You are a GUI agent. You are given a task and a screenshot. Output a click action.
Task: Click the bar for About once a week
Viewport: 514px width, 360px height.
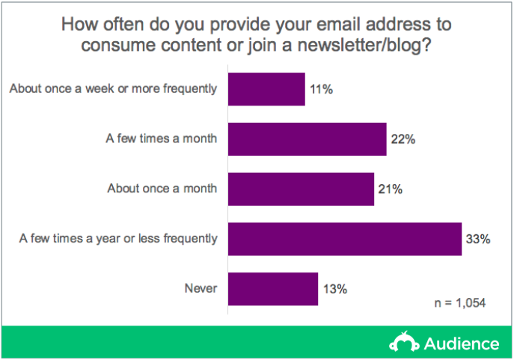(x=266, y=89)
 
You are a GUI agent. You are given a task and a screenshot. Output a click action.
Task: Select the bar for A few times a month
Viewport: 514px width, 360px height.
(x=308, y=139)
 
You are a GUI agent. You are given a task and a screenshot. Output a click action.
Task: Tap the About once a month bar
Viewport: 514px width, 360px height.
(x=301, y=189)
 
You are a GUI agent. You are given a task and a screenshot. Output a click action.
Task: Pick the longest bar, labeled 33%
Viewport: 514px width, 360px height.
(x=345, y=239)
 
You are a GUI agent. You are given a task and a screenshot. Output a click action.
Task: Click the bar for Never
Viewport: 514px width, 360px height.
(x=273, y=289)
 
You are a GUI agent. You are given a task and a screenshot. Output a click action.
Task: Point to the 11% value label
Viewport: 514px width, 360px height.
(x=321, y=89)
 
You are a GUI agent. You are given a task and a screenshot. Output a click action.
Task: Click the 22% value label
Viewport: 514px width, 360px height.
(x=403, y=139)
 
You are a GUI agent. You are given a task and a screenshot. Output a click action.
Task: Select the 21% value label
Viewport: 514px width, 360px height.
(x=390, y=189)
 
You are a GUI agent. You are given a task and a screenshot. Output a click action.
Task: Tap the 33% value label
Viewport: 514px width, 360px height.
(x=478, y=239)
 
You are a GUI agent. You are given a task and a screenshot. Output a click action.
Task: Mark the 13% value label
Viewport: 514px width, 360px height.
(x=335, y=289)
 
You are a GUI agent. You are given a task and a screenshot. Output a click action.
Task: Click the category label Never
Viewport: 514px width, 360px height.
(x=201, y=288)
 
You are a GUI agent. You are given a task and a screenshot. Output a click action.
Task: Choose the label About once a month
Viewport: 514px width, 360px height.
(x=162, y=189)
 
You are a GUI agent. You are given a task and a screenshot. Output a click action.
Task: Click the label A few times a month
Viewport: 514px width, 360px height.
(x=162, y=138)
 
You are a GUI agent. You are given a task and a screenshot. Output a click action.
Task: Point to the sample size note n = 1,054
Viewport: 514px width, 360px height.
(x=460, y=303)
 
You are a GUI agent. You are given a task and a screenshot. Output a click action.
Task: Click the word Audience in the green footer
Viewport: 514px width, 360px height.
(x=462, y=344)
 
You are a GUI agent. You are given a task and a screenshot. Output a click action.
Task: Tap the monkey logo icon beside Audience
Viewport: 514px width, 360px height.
(x=404, y=342)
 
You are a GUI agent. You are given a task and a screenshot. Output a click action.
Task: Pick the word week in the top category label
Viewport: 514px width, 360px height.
(x=100, y=88)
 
